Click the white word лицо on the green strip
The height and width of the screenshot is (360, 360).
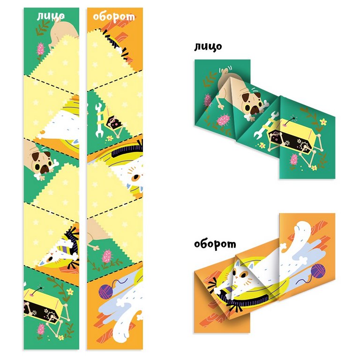click(51, 16)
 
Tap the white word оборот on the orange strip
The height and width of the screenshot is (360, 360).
click(114, 17)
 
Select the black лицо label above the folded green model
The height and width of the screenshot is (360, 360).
click(208, 46)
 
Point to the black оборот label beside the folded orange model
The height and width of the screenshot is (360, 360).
click(215, 244)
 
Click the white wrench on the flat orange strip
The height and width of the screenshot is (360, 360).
click(99, 120)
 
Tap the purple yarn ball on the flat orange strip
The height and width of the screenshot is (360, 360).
click(105, 291)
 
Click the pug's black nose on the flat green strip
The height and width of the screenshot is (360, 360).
click(45, 169)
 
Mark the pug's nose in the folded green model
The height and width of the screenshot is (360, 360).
click(254, 111)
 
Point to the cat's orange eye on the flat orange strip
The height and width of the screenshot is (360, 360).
click(136, 177)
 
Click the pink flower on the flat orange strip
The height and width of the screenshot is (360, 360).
click(107, 256)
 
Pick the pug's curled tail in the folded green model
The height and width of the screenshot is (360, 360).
click(225, 69)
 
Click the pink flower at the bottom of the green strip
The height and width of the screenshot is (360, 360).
click(41, 329)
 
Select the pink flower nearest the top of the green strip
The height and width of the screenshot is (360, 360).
click(41, 49)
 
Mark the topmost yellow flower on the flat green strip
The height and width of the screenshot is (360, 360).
click(70, 292)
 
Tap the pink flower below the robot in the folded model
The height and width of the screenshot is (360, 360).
click(294, 159)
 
